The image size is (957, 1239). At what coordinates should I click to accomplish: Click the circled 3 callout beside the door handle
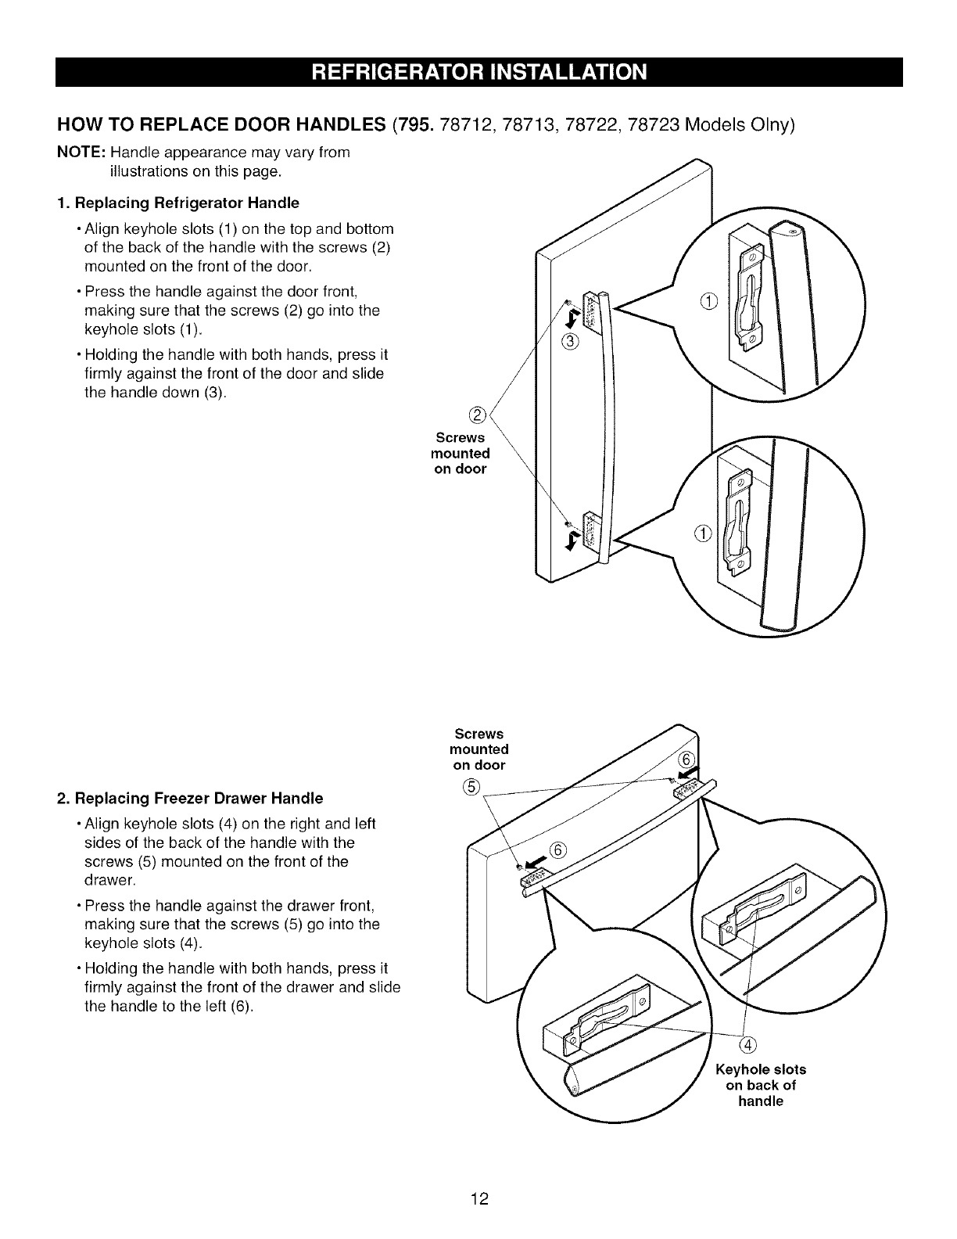(x=570, y=341)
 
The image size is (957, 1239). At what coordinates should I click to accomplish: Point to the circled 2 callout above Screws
(x=478, y=414)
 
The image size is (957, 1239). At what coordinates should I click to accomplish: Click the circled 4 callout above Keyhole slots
(x=747, y=1048)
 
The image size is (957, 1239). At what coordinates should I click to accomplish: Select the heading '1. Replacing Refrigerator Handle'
(x=177, y=203)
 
